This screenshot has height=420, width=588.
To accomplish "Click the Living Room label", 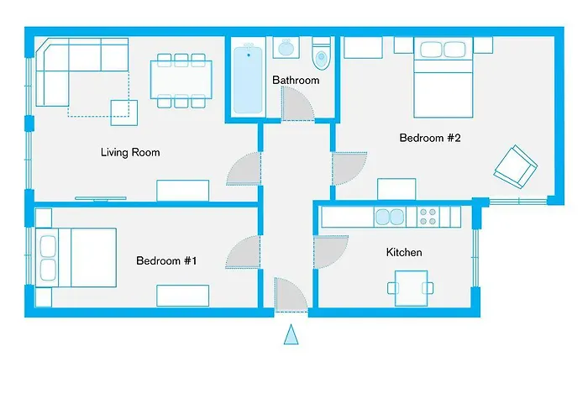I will [x=130, y=153].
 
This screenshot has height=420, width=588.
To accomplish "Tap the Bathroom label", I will [x=296, y=81].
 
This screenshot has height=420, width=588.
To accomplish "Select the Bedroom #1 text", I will [x=166, y=261].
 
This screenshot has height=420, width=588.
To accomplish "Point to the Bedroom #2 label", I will [x=430, y=139].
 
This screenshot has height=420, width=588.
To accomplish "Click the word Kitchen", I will [x=404, y=253].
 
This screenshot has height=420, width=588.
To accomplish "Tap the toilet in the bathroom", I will [x=321, y=56].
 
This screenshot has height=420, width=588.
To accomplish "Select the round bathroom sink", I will [x=286, y=48].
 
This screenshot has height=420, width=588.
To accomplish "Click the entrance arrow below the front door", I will [x=291, y=335].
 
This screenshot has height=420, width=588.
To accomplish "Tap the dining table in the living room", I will [x=179, y=81].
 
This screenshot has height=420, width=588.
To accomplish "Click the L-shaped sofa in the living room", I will [x=67, y=71].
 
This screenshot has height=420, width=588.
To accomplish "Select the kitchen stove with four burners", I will [x=428, y=218].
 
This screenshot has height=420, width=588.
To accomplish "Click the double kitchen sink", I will [x=391, y=218].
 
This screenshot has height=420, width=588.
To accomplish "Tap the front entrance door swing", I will [x=291, y=294].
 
